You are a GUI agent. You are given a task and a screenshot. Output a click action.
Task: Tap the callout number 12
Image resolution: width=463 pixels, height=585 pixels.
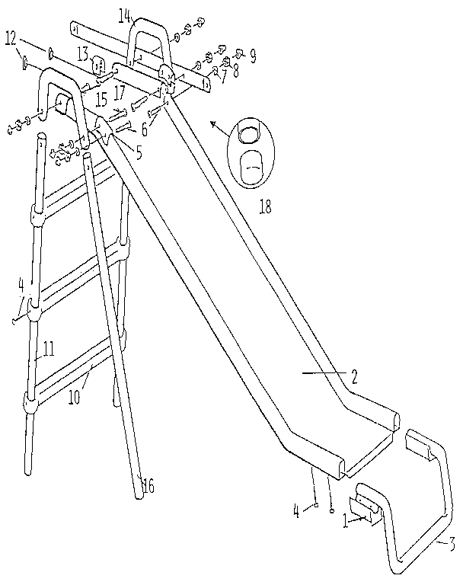point(11,37)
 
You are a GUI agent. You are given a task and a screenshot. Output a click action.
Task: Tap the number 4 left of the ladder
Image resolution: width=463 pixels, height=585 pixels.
point(22,288)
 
